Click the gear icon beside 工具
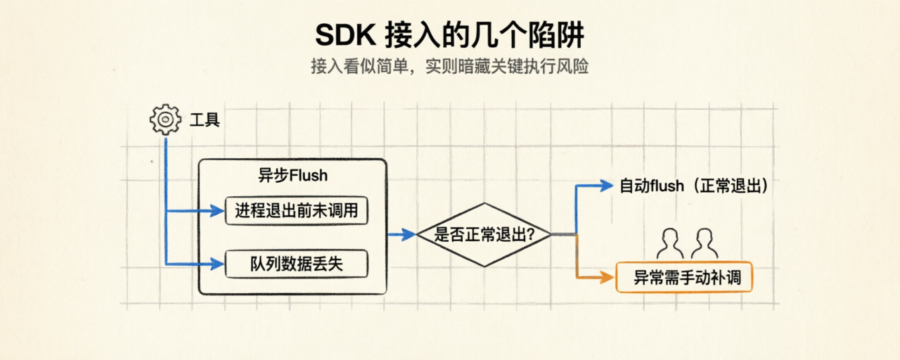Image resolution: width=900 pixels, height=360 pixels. tap(165, 120)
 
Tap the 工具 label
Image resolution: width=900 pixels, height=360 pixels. tap(205, 120)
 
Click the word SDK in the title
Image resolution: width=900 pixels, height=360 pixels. tap(345, 35)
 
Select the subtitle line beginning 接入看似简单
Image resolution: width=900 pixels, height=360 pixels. tap(449, 66)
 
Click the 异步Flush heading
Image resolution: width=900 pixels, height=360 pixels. tap(293, 176)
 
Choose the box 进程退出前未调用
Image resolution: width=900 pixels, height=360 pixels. tap(297, 210)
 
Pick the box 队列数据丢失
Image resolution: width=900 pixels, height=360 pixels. tap(297, 264)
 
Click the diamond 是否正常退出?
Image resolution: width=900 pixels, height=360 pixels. tap(484, 235)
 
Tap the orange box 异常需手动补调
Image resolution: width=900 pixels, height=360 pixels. tap(684, 277)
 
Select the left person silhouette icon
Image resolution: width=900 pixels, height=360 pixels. tap(670, 244)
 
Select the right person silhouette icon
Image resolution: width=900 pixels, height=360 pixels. tap(705, 244)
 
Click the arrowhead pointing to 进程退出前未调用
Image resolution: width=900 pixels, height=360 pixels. tap(217, 210)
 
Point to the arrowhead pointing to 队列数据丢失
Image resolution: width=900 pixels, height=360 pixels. tap(217, 264)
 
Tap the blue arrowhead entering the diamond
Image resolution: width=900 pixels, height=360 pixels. tap(409, 234)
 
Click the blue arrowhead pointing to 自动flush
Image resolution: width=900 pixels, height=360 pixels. tap(607, 186)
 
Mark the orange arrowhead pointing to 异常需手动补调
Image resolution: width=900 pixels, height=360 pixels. tap(607, 277)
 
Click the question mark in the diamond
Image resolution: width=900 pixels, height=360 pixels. tap(530, 234)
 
